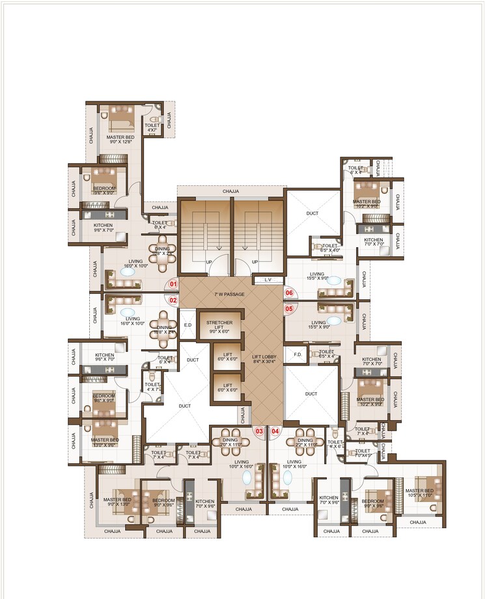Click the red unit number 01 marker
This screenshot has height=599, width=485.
(173, 284)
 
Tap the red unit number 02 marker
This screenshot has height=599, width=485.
(173, 300)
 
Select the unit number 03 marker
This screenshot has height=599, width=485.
(258, 431)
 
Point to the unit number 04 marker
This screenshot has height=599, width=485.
(275, 431)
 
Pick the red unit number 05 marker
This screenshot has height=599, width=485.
(289, 309)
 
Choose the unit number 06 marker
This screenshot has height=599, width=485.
(289, 293)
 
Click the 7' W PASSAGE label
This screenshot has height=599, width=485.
(229, 295)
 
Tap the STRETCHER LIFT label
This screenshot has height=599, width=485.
(219, 326)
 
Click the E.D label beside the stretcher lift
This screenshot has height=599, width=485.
(187, 326)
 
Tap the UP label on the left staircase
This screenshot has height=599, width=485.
(208, 262)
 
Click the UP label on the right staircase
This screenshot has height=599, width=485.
(255, 262)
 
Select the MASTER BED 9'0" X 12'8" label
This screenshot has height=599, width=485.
(120, 140)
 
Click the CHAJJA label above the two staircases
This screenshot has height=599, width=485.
(231, 192)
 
